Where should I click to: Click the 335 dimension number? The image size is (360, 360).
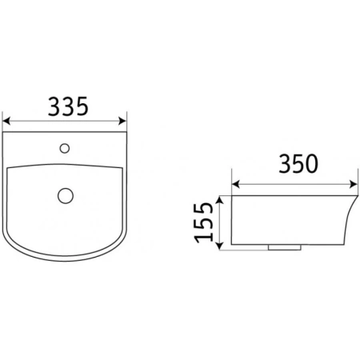click(x=68, y=106)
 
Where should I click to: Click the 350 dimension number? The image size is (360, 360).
click(x=298, y=163)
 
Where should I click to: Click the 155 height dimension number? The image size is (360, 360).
click(x=204, y=222)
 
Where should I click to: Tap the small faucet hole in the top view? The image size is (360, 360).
click(x=65, y=148)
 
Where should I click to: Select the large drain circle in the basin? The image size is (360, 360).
click(x=66, y=195)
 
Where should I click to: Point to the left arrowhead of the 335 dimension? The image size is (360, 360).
click(x=6, y=121)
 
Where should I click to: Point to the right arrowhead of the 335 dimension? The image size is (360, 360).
click(x=122, y=121)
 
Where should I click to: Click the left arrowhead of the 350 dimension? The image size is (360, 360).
click(x=236, y=184)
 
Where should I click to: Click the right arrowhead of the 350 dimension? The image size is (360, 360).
click(x=354, y=184)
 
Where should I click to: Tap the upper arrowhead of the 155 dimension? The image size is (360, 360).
click(x=219, y=200)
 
